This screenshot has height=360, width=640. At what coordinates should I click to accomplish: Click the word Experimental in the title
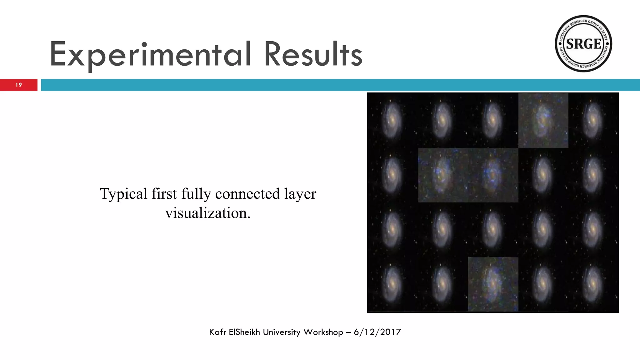click(150, 55)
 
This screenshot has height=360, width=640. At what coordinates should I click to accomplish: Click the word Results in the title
click(313, 55)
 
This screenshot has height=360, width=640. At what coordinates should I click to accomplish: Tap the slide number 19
click(19, 85)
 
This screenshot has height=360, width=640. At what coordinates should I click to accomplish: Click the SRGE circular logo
click(583, 44)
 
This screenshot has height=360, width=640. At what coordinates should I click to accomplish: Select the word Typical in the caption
click(123, 194)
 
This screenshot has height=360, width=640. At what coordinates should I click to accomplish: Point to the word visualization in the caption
click(208, 213)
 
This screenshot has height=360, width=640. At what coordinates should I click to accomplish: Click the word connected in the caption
click(247, 194)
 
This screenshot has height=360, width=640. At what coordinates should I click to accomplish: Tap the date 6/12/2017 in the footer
click(377, 332)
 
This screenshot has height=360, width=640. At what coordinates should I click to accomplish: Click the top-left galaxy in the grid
click(391, 120)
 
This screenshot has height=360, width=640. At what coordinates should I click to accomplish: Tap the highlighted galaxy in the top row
click(543, 120)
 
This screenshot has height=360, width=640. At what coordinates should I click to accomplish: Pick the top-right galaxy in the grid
click(591, 120)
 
